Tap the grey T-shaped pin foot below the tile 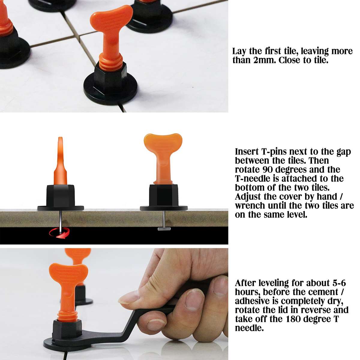point(164,229)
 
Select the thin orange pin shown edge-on point(60,162)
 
